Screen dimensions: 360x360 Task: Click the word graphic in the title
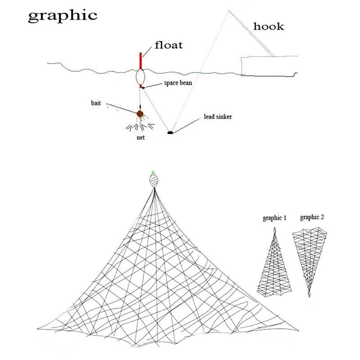[63, 16]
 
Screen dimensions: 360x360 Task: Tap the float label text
[169, 45]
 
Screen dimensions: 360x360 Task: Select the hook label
[269, 27]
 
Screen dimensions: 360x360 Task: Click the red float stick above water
[140, 61]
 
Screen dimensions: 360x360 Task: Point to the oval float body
[140, 77]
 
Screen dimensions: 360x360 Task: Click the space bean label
[178, 83]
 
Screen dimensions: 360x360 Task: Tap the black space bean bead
[143, 87]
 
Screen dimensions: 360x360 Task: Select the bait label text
[96, 103]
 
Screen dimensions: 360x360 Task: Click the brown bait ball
[140, 114]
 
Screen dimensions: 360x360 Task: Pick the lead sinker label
[218, 117]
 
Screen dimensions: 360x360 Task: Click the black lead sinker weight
[170, 132]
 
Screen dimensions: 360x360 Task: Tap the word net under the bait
[140, 138]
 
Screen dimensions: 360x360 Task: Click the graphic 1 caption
[274, 218]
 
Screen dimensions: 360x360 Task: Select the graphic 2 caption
[312, 217]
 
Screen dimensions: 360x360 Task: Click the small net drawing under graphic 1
[274, 262]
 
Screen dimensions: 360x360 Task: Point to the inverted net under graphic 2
[310, 262]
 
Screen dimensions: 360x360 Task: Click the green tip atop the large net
[153, 172]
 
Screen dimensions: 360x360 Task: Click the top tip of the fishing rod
[228, 10]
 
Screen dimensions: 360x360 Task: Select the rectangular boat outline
[269, 66]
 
